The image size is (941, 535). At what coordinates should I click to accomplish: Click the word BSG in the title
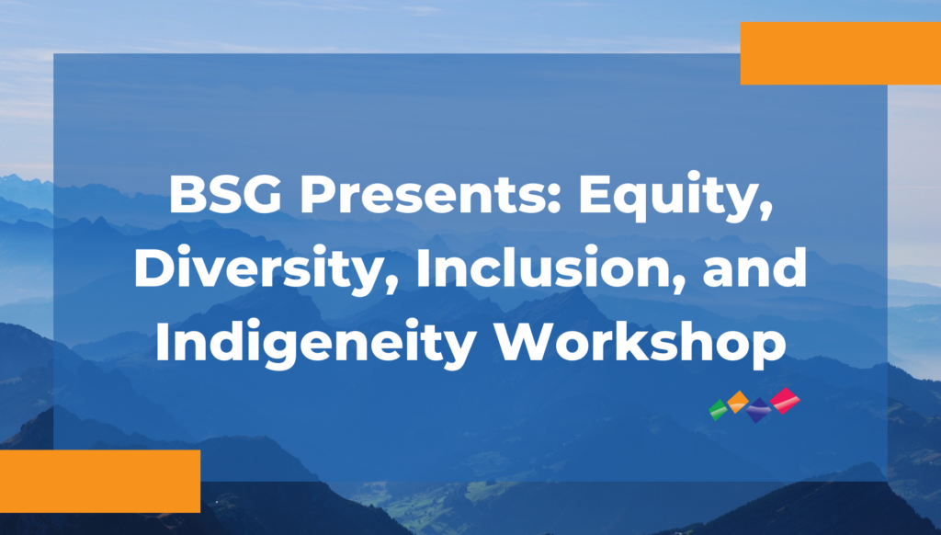click(x=225, y=195)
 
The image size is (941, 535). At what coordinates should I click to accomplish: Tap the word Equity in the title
click(x=667, y=199)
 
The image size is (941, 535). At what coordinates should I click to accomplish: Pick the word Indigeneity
click(x=316, y=343)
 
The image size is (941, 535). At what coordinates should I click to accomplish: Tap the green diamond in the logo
click(x=718, y=410)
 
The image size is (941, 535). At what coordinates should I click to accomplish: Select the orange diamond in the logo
click(x=738, y=402)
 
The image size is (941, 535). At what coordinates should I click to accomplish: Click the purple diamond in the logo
click(x=758, y=410)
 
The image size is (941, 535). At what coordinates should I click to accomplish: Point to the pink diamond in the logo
click(x=785, y=401)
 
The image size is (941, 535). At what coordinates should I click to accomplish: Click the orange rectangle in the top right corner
click(x=841, y=53)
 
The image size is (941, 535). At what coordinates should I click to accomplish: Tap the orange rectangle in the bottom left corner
click(x=100, y=481)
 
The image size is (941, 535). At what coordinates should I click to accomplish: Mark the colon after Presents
click(x=554, y=199)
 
